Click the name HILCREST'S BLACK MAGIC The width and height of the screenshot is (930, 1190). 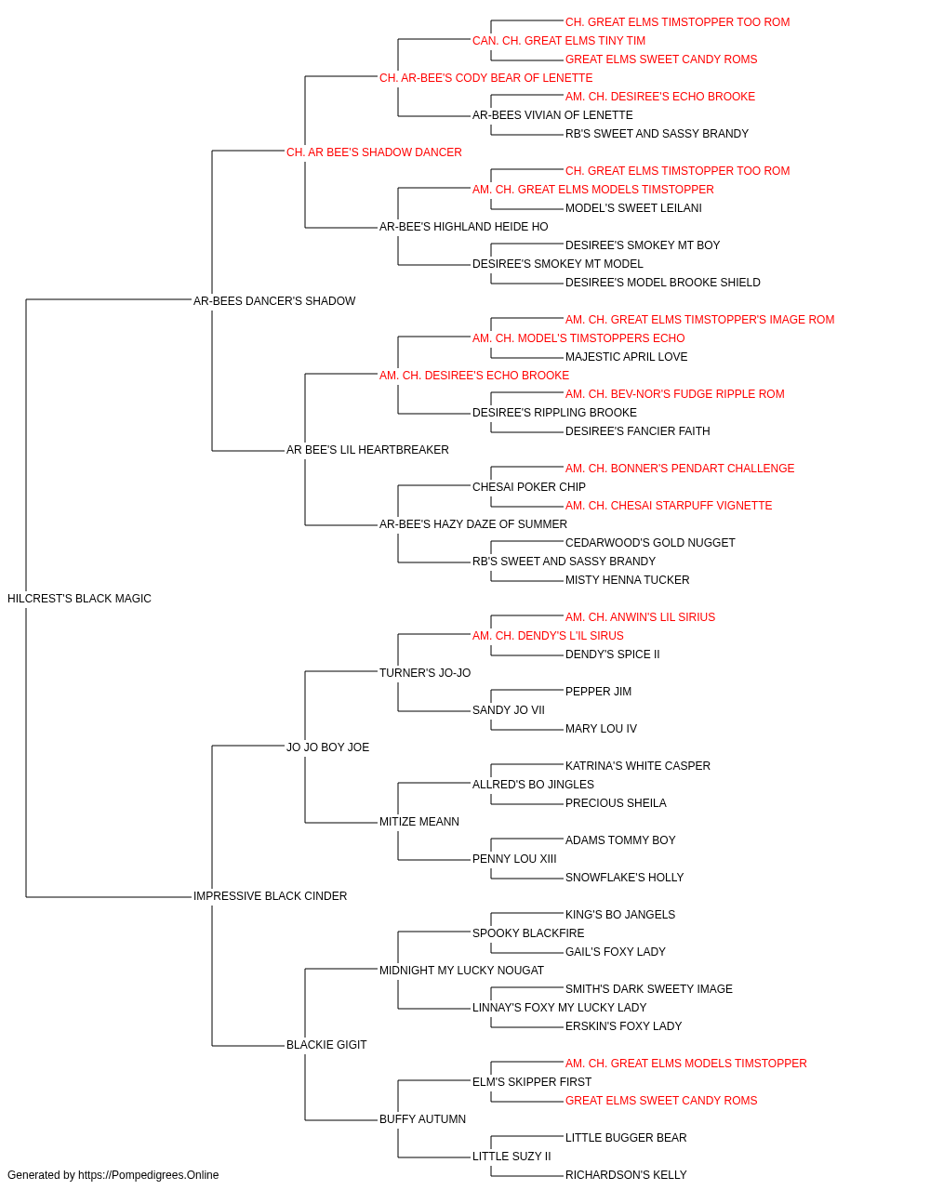pyautogui.click(x=79, y=599)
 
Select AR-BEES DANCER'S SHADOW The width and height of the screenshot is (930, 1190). pyautogui.click(x=274, y=301)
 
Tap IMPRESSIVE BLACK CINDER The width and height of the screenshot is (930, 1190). pyautogui.click(x=270, y=896)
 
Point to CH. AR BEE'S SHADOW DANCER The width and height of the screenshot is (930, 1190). pyautogui.click(x=374, y=152)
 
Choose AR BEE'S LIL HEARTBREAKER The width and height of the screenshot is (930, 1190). pyautogui.click(x=367, y=450)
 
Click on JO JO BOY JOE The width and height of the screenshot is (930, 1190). pyautogui.click(x=327, y=747)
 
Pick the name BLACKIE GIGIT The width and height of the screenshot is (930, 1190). pyautogui.click(x=326, y=1045)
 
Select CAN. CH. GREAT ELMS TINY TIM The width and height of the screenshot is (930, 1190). pyautogui.click(x=559, y=41)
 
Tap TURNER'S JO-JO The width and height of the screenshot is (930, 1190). pyautogui.click(x=425, y=673)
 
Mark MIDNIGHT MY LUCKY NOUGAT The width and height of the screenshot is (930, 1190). pyautogui.click(x=461, y=971)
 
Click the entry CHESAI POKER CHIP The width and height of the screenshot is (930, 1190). pyautogui.click(x=529, y=487)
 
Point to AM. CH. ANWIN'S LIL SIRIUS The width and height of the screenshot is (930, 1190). pyautogui.click(x=640, y=617)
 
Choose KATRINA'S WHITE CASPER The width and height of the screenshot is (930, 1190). pyautogui.click(x=638, y=766)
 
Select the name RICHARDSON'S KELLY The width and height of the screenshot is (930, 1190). pyautogui.click(x=626, y=1175)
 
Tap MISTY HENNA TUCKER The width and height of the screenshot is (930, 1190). pyautogui.click(x=627, y=580)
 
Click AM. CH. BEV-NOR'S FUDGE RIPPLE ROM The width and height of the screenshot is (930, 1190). pyautogui.click(x=675, y=394)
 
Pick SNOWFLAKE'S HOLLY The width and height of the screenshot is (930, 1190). pyautogui.click(x=624, y=878)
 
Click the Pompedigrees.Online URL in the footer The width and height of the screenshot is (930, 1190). pyautogui.click(x=149, y=1175)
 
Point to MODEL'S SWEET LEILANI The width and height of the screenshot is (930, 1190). pyautogui.click(x=633, y=208)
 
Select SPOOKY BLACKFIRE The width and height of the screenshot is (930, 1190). pyautogui.click(x=528, y=933)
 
